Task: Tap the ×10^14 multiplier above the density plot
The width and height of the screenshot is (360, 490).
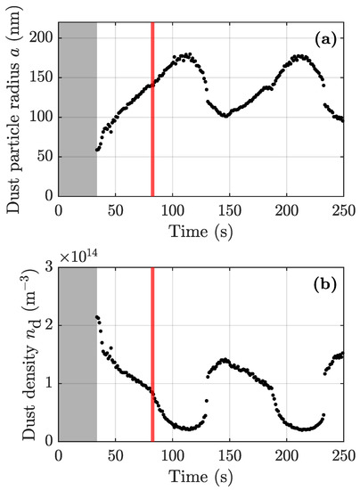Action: pyautogui.click(x=82, y=257)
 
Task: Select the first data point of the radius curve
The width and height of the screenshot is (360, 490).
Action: pyautogui.click(x=96, y=150)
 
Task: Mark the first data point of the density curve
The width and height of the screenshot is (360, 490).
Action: pyautogui.click(x=96, y=316)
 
